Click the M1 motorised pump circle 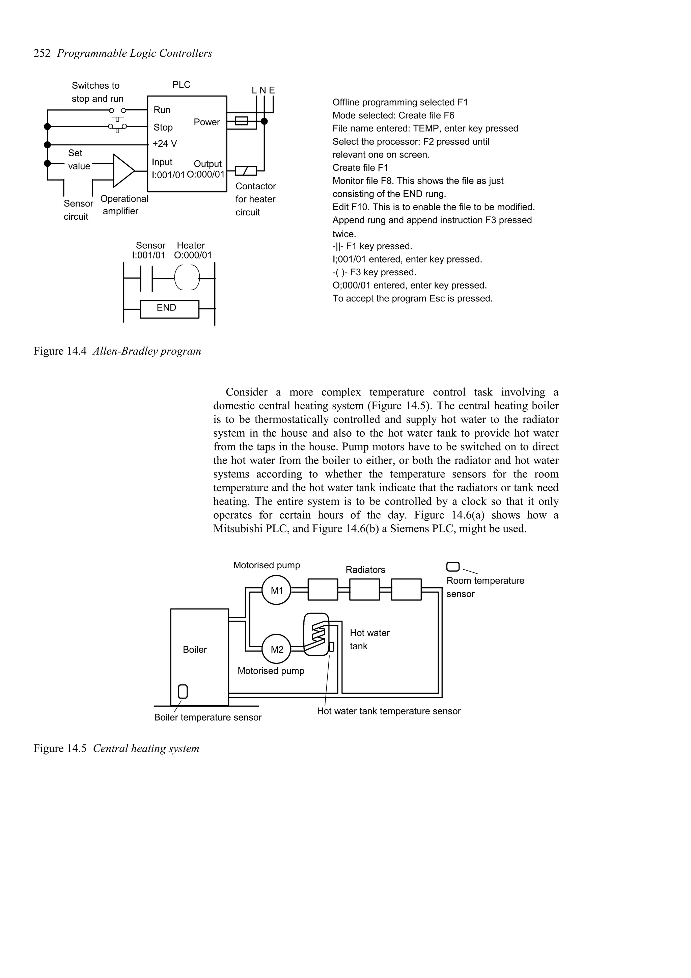(x=276, y=590)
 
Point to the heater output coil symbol (x=187, y=278)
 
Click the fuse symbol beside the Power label (x=241, y=121)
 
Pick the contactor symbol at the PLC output (x=246, y=171)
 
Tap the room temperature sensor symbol (x=452, y=567)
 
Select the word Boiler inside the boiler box (x=195, y=650)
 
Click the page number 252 (x=42, y=53)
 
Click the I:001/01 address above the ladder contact (x=148, y=255)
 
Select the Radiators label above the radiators (x=365, y=570)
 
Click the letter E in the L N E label (x=272, y=90)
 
